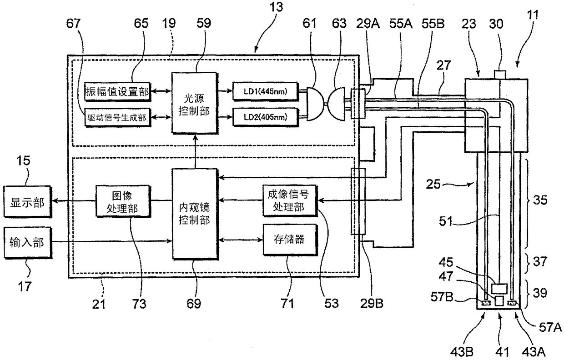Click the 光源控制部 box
pos(190,103)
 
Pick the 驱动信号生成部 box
pos(117,118)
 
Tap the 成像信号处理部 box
pos(289,200)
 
